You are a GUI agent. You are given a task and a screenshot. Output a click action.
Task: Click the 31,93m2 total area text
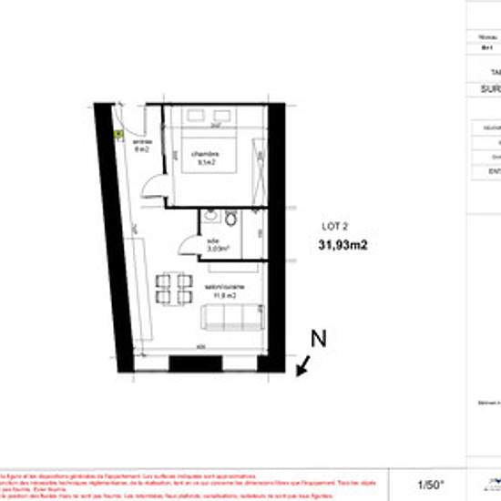point(343,243)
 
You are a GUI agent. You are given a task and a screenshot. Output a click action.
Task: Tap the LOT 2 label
point(336,226)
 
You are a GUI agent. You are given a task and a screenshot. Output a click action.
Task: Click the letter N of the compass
point(319,339)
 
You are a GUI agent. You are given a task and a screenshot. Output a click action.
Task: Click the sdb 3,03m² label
point(217,244)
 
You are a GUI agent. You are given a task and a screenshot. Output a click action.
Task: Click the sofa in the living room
point(230,318)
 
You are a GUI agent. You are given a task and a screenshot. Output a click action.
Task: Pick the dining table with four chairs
point(173,288)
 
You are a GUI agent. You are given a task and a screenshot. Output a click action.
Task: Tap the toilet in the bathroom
point(230,220)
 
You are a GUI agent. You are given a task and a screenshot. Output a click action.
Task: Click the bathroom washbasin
point(210,217)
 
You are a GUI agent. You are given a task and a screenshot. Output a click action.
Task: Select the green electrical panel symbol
point(118,133)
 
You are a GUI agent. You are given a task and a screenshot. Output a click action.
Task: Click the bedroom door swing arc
point(155,187)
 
